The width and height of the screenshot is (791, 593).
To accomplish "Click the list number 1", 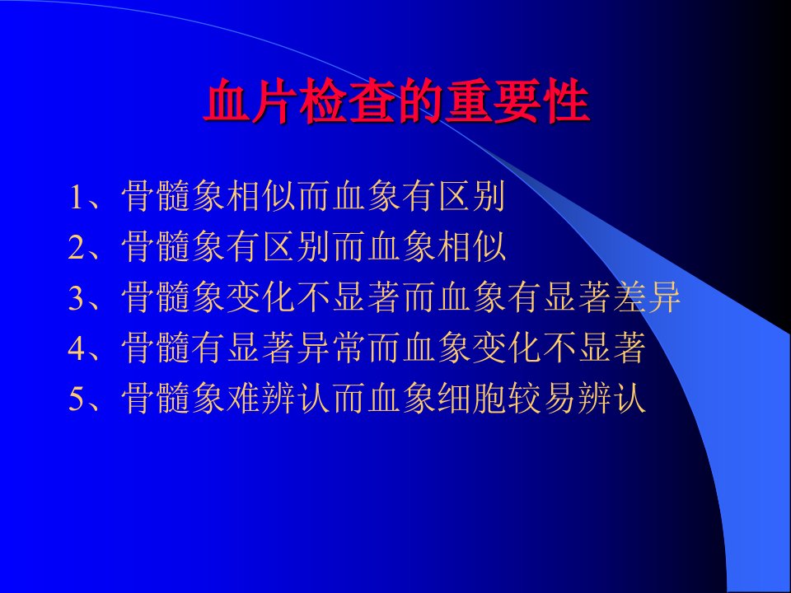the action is click(x=76, y=197).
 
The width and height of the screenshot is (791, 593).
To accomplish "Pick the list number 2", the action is click(x=76, y=247).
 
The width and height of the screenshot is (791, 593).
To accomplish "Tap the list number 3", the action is click(x=76, y=297).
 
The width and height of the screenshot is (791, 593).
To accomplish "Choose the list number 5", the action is click(x=76, y=399).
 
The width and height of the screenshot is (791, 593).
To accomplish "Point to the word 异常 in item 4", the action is click(x=331, y=348).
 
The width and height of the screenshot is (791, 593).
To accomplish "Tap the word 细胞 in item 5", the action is click(x=471, y=398).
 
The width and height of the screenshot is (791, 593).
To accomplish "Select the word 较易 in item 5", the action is click(x=541, y=398).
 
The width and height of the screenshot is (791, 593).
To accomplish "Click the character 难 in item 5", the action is click(x=244, y=398).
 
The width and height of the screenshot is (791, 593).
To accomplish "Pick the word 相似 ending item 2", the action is click(x=471, y=246).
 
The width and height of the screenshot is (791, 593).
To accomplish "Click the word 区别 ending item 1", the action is click(x=471, y=196).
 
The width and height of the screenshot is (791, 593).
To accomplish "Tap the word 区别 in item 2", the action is click(x=296, y=246).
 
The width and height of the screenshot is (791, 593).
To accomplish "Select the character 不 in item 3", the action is click(x=314, y=297).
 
